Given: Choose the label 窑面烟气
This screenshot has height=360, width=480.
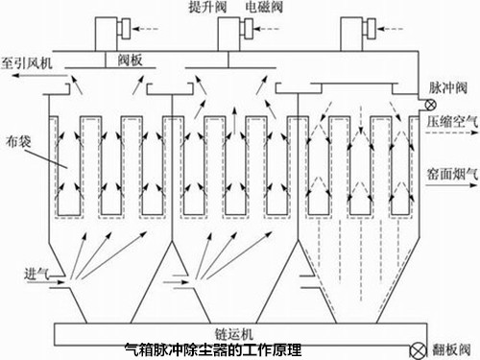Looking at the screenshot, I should pyautogui.click(x=451, y=175).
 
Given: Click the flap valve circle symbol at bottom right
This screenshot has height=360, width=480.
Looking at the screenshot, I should pyautogui.click(x=416, y=348).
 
